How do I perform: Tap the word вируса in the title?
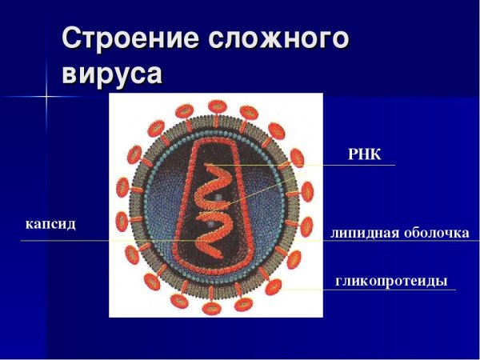(112, 74)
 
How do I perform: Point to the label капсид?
(50, 224)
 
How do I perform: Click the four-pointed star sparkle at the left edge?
(46, 97)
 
